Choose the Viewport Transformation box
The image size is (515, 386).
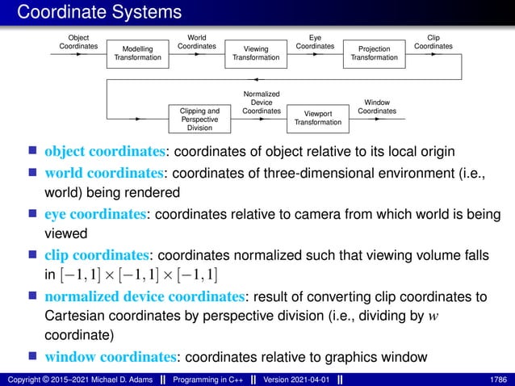pyautogui.click(x=318, y=119)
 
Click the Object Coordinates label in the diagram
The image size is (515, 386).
pyautogui.click(x=78, y=42)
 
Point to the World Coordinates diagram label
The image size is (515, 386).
pyautogui.click(x=196, y=42)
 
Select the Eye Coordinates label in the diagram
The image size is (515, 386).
pyautogui.click(x=315, y=42)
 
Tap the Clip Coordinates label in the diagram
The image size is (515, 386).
pyautogui.click(x=433, y=42)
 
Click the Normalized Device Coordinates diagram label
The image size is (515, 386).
pyautogui.click(x=262, y=103)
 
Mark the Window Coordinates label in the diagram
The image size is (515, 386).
pyautogui.click(x=377, y=107)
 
